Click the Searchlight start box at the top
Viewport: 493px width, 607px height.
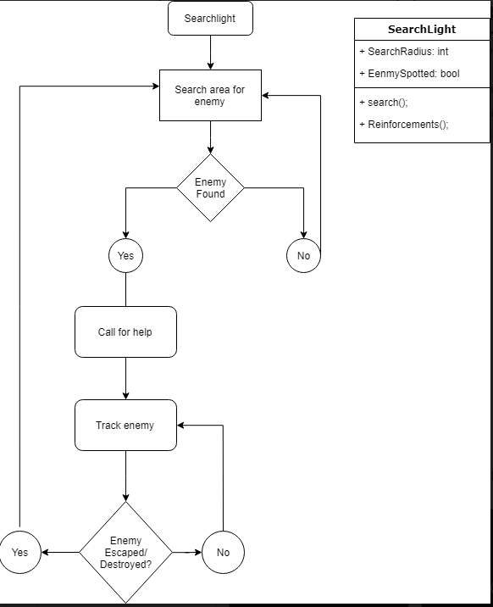210,19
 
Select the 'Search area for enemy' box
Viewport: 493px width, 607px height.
210,96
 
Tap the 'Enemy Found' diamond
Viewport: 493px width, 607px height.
210,187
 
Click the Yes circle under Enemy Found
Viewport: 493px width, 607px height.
125,255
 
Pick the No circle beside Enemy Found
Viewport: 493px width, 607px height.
303,255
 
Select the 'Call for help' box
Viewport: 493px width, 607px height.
125,331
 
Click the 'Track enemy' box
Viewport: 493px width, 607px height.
125,425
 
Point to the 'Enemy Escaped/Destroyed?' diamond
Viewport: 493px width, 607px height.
125,552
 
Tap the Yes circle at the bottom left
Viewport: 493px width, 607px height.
19,552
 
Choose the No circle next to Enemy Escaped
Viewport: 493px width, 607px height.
223,552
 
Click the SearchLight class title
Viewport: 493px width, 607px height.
421,29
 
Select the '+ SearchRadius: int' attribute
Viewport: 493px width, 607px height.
404,52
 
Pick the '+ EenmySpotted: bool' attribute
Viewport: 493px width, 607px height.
409,74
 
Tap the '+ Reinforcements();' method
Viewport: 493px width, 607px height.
404,124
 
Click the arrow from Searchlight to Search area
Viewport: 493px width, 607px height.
210,53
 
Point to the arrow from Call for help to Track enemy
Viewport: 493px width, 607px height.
125,378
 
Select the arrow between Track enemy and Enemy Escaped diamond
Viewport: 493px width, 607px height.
125,476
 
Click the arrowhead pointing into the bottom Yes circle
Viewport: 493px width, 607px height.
46,552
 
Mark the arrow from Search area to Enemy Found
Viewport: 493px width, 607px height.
210,136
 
